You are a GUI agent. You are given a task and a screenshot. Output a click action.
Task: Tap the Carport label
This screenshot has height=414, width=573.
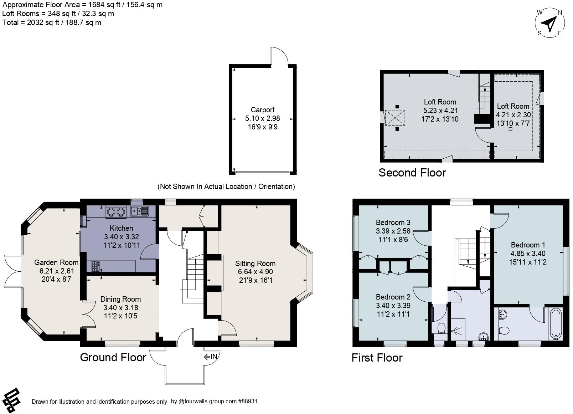coord(263,110)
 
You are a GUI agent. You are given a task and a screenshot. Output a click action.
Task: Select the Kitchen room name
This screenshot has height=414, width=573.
coord(121,228)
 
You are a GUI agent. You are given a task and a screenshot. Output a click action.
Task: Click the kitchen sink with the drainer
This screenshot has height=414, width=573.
coord(139,211)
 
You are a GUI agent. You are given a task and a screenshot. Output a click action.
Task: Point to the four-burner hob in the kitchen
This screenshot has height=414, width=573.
coord(95,266)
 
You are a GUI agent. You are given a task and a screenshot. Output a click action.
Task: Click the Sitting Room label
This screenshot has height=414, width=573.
coord(255,264)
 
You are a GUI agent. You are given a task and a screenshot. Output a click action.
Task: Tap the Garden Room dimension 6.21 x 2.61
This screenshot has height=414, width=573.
coord(57,271)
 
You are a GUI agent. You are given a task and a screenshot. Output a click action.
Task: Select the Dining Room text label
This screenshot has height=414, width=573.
coord(120,299)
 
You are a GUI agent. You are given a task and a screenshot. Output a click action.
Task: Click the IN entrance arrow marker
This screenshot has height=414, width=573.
coord(211,356)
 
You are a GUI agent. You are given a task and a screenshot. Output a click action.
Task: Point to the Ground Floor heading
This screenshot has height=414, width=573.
coord(113,357)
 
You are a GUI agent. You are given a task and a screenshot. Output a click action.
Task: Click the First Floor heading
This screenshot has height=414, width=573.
coord(377,358)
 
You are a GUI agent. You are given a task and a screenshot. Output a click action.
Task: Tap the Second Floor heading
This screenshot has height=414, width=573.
coord(412,173)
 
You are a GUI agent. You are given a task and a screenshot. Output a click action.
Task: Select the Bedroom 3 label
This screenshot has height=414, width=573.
coord(393,222)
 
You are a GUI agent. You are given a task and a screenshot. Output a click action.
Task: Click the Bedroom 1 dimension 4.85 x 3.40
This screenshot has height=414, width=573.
coord(528,254)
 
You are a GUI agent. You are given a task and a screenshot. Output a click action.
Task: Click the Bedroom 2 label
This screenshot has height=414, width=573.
coord(393,297)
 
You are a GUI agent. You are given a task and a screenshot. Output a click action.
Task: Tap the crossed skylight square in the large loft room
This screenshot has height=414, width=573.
coord(395,118)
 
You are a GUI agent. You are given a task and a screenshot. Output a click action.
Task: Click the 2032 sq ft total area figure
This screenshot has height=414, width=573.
coord(43,22)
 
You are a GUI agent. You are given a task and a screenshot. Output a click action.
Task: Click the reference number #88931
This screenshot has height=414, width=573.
coord(247,401)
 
